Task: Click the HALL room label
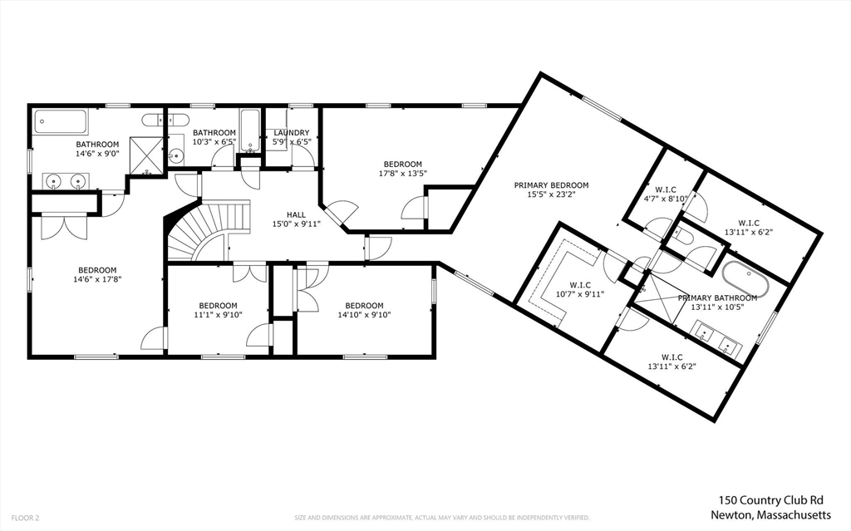tap(284, 214)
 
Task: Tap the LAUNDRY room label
tap(292, 133)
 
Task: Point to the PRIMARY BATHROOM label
tap(717, 297)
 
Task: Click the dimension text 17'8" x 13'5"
tap(402, 174)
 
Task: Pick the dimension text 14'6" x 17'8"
tap(97, 280)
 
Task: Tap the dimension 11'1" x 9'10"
tap(217, 315)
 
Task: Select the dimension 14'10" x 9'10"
tap(364, 315)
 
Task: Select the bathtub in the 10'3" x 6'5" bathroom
tap(250, 130)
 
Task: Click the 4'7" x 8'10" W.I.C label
tap(665, 199)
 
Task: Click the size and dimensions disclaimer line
tap(442, 518)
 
